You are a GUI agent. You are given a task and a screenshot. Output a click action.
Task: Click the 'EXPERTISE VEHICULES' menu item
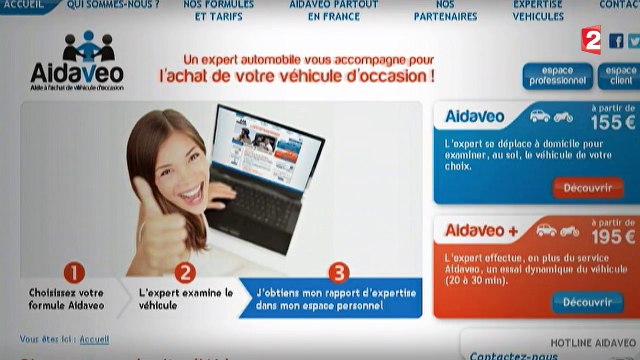[x=537, y=11]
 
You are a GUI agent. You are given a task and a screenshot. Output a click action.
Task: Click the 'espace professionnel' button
[x=555, y=76]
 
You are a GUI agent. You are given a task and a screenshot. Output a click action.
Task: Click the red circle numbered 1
[x=73, y=272]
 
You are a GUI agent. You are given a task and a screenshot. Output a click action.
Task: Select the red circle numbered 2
[x=183, y=272]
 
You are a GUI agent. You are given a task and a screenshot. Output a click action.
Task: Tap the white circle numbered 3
[x=339, y=272]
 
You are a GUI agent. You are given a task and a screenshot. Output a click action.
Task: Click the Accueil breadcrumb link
[x=94, y=339]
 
